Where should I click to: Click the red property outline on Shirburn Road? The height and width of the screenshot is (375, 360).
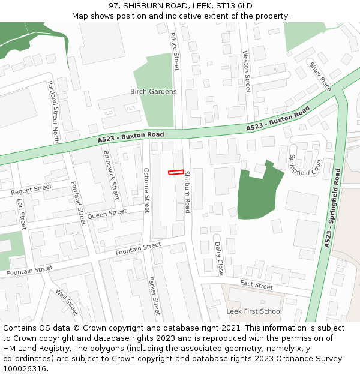coord(176,172)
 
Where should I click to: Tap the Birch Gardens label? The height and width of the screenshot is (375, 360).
coord(154,92)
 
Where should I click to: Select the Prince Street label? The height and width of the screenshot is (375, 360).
coord(175,51)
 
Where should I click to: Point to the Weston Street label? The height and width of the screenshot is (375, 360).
coord(246,71)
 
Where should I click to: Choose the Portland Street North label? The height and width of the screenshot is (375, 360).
coord(53,112)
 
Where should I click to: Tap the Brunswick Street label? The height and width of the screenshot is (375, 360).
coord(111,175)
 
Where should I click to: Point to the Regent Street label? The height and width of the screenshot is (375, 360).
coord(32,190)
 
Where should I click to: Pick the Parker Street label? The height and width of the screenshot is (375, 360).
coord(154,295)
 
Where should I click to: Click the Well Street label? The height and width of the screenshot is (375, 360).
coord(67,302)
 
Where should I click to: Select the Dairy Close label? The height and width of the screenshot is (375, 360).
coord(220,259)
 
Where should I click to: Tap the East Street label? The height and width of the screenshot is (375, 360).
coord(256,284)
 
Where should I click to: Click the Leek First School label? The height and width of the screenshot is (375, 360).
coord(254,311)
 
